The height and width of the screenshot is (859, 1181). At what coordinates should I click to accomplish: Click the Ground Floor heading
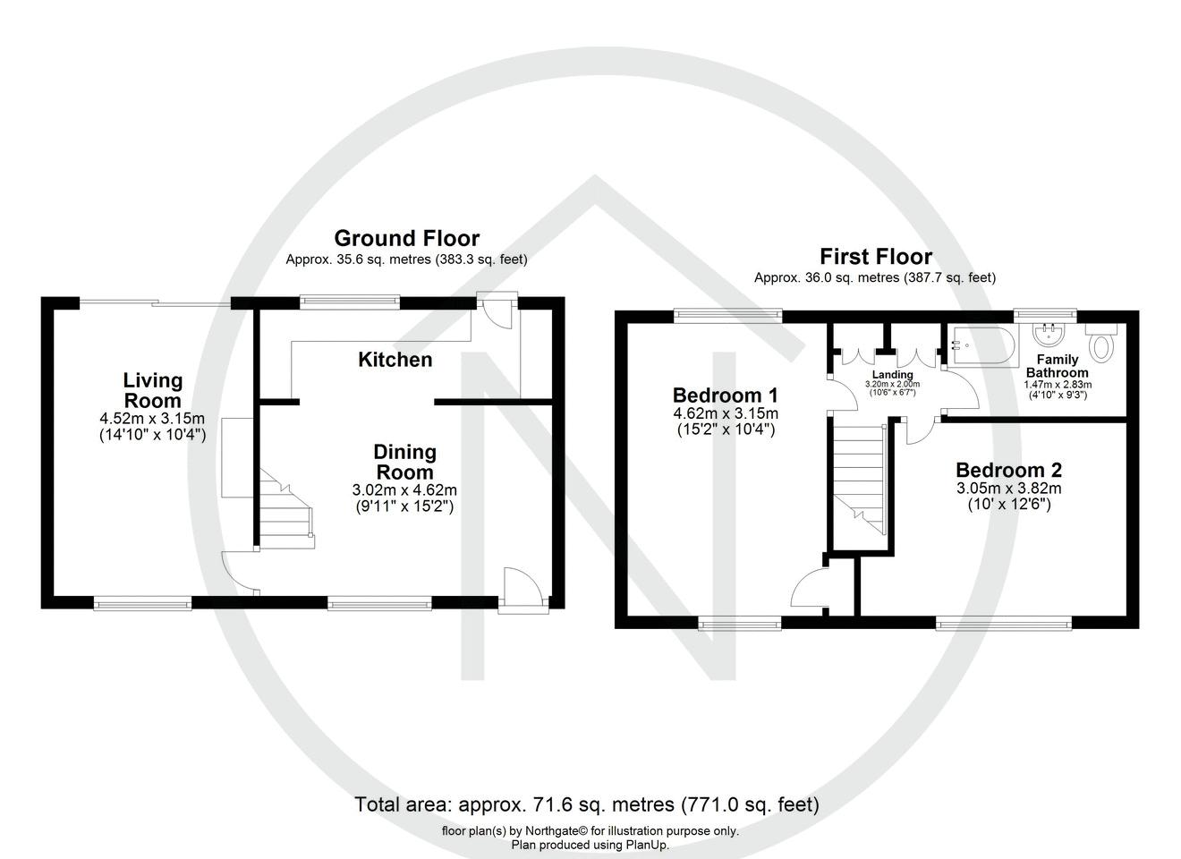point(406,238)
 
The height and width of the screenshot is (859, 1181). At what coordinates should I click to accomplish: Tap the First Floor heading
point(876,257)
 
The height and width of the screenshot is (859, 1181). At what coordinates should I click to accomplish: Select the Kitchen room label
point(395,360)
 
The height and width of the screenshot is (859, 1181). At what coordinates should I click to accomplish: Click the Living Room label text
point(153,391)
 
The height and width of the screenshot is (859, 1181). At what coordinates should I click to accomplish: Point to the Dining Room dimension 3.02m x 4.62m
point(405,490)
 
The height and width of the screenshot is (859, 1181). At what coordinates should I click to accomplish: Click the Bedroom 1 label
point(725,395)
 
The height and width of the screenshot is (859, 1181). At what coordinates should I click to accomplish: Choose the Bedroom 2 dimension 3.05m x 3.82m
point(1008,489)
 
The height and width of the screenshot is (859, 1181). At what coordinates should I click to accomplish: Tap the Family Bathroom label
point(1057,366)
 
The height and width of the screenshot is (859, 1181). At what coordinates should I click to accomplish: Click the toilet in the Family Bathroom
point(1102,343)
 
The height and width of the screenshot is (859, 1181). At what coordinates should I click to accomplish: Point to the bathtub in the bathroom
point(983,345)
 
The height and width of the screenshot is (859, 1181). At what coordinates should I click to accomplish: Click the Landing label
point(892,375)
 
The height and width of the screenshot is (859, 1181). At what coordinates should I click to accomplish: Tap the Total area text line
point(587,804)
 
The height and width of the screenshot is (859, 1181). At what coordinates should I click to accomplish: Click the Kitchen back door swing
point(494,312)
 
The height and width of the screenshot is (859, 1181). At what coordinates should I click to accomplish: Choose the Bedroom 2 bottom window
point(1003,621)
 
